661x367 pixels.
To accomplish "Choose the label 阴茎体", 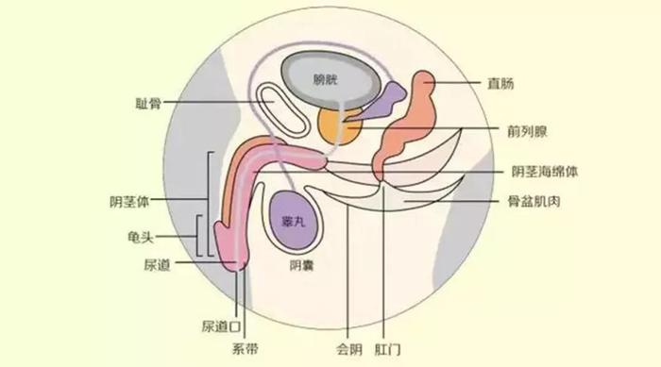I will point(128,200).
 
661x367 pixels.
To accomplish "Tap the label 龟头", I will point(141,236).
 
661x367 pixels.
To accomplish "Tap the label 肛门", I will point(388,348).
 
